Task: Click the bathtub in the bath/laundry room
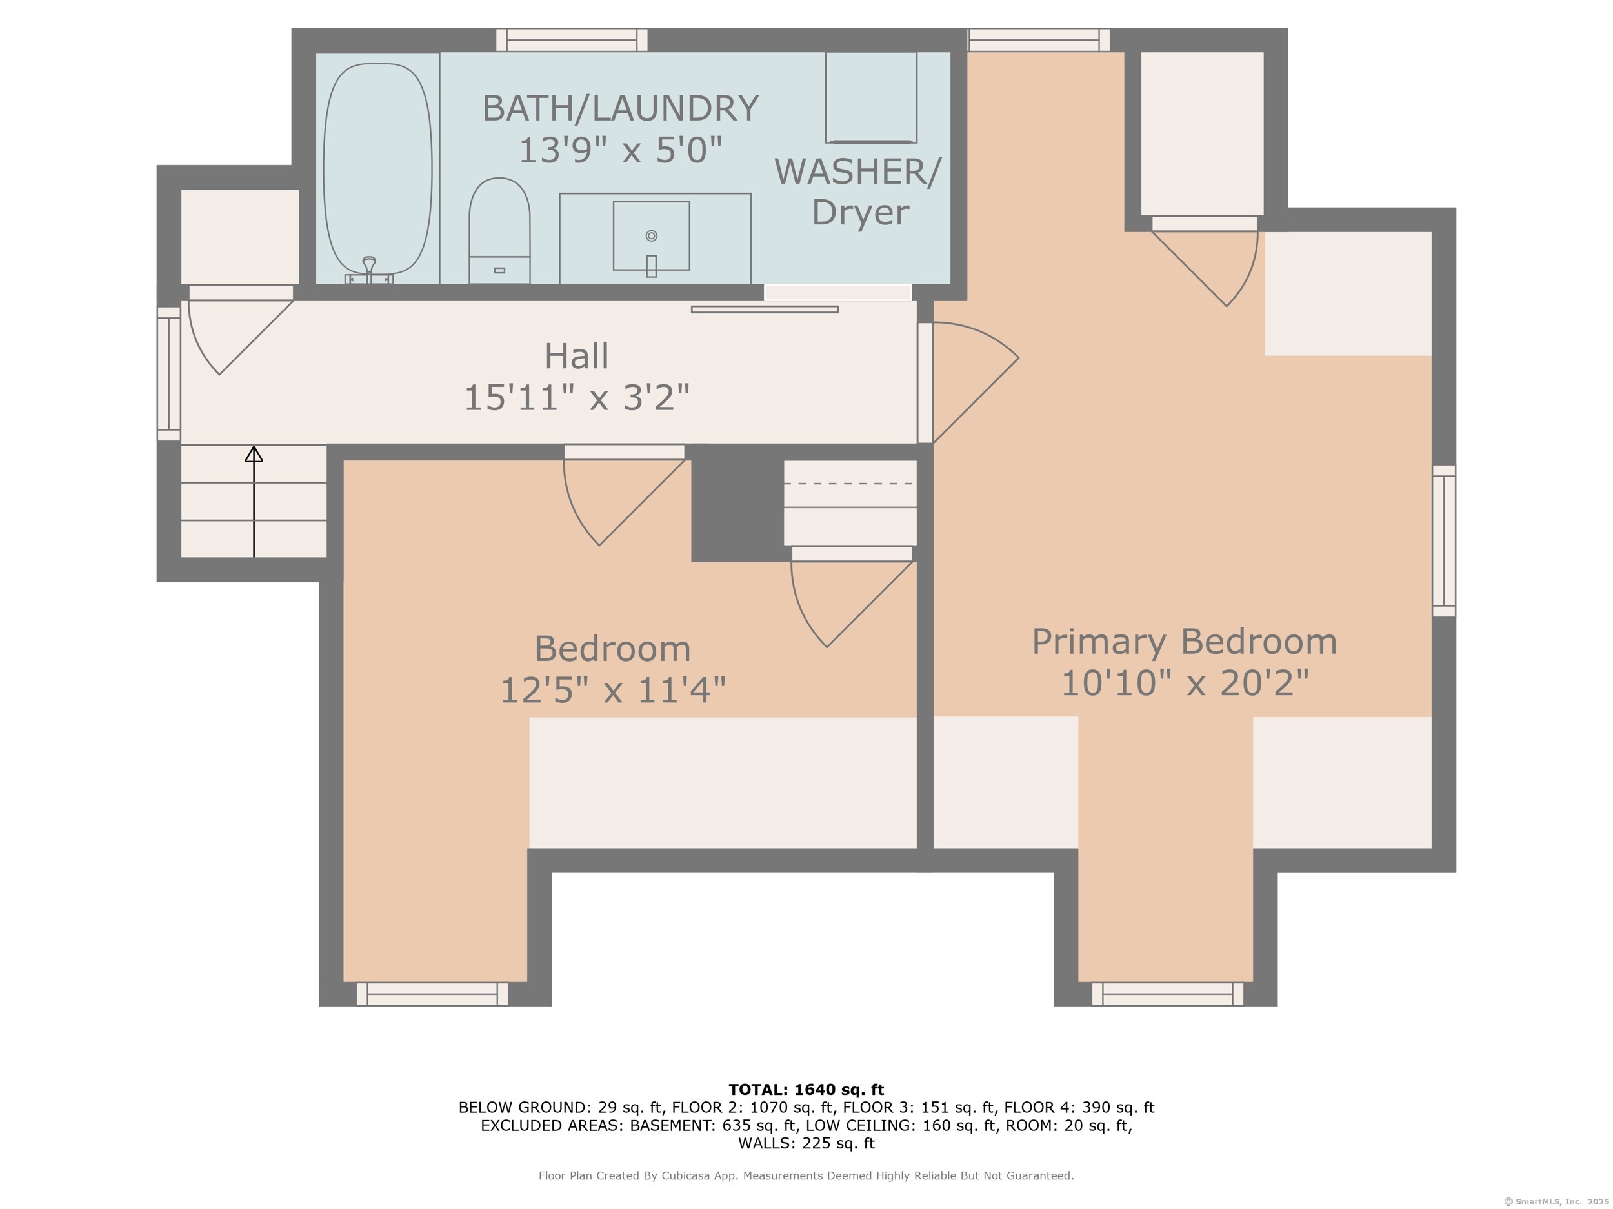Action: click(377, 169)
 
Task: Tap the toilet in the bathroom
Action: click(499, 230)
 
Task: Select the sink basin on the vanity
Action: click(651, 235)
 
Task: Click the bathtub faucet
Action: click(369, 270)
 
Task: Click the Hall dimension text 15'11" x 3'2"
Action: click(577, 398)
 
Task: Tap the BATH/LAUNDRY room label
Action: click(621, 108)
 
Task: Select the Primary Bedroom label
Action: click(1184, 642)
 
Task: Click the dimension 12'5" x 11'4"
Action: click(612, 689)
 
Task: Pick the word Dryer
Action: click(861, 213)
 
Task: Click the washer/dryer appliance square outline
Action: click(870, 97)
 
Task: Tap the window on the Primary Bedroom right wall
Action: click(1444, 541)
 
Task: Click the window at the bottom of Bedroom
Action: click(432, 994)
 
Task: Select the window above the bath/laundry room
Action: click(572, 39)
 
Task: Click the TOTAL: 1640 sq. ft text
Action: click(806, 1090)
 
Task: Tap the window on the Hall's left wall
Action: click(168, 374)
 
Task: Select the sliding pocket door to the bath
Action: click(765, 309)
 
